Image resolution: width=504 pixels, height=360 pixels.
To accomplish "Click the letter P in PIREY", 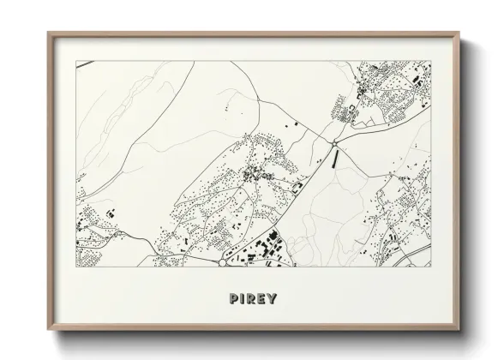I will click(233, 299).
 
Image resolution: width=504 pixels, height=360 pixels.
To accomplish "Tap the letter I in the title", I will click(243, 299).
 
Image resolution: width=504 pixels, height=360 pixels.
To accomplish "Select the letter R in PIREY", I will click(252, 299).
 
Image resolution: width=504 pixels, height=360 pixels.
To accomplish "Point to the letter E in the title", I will click(262, 299).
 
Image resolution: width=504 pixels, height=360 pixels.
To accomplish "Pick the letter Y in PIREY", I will click(273, 299).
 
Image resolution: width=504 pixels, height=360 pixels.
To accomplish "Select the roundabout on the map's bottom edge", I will click(221, 263).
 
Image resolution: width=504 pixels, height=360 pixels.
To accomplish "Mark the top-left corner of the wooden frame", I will click(48, 33).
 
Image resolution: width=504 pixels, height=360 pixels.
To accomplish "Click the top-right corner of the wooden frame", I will click(460, 33).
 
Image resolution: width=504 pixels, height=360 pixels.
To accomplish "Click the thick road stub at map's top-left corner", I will click(83, 63).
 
